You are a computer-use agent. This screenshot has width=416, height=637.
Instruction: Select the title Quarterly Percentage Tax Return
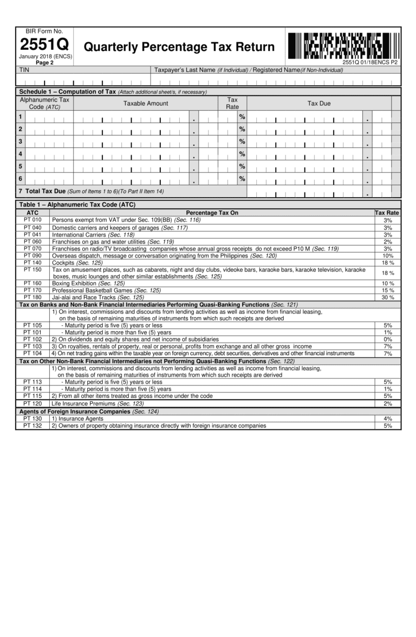179,47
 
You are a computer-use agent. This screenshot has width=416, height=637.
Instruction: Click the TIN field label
24,70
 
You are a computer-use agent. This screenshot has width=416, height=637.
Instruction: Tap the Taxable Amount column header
145,104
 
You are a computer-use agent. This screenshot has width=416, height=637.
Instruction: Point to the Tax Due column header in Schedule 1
318,104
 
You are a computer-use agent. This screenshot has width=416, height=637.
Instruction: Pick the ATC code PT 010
32,220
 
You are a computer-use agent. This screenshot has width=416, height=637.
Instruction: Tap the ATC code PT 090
32,255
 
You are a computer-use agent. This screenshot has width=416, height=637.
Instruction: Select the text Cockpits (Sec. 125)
77,262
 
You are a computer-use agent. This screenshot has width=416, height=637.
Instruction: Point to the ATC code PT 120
32,404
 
